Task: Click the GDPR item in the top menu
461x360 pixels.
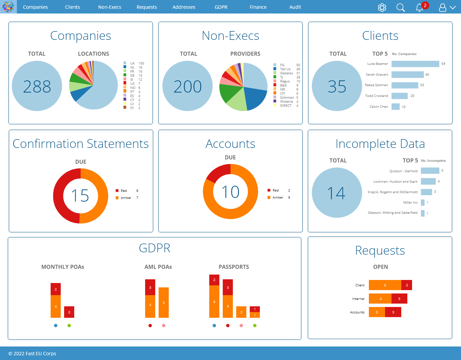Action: click(x=221, y=7)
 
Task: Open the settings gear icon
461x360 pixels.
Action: click(x=382, y=7)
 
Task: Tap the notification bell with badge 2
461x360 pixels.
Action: click(x=419, y=7)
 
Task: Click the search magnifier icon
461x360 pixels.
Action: click(x=401, y=7)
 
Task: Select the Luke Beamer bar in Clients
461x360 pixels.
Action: click(x=415, y=64)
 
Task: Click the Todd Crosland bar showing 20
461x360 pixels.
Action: click(x=400, y=96)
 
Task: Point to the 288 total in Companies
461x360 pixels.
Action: click(x=37, y=86)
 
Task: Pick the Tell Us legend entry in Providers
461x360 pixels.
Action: click(x=285, y=69)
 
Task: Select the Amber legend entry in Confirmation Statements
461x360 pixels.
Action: click(x=126, y=198)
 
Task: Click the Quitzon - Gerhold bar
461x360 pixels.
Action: click(x=430, y=171)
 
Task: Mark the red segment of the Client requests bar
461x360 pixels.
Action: click(x=407, y=285)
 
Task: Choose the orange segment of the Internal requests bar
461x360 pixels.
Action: click(x=380, y=299)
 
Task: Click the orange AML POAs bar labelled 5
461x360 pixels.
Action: click(x=164, y=303)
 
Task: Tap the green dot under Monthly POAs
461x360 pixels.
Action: click(x=69, y=326)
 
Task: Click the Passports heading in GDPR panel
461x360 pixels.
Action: click(x=234, y=267)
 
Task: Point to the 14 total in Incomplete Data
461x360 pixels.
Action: click(x=336, y=193)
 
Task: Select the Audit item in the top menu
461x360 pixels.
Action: click(x=295, y=7)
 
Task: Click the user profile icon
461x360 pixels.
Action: click(x=442, y=7)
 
